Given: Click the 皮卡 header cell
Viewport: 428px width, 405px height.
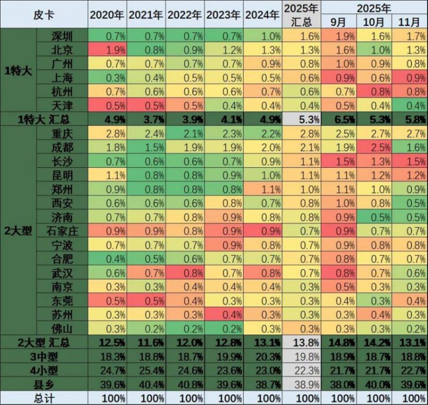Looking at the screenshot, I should (44, 15).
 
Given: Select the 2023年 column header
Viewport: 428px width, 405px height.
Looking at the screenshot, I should (224, 15).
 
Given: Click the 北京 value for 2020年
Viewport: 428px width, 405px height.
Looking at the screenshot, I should (107, 49).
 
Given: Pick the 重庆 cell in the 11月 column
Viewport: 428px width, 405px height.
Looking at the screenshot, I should (409, 134).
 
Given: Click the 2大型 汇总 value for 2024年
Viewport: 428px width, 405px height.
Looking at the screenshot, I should (263, 341).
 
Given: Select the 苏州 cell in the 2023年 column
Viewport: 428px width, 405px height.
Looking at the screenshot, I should (224, 314).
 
